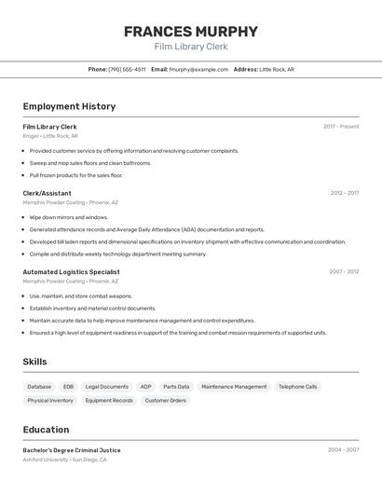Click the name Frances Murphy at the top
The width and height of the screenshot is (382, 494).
(191, 32)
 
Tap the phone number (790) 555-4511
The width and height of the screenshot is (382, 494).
(127, 69)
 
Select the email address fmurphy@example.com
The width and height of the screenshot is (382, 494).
(198, 69)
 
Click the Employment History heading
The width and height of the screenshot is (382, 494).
(69, 106)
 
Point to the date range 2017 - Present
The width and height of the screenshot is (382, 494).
(341, 126)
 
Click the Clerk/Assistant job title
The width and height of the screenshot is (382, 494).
(48, 193)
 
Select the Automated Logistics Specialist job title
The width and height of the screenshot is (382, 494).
(71, 272)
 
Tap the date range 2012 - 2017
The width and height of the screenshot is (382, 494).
(344, 193)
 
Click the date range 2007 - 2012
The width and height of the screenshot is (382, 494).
(344, 272)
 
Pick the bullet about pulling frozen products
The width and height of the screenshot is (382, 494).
(75, 174)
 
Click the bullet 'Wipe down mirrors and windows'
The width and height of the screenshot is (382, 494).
(69, 217)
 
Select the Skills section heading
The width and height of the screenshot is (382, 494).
(34, 362)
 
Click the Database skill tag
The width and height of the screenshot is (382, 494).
(39, 387)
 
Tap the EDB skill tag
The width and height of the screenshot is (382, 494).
(68, 387)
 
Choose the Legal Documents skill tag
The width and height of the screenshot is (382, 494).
(107, 387)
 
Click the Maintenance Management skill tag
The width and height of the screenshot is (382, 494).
(234, 387)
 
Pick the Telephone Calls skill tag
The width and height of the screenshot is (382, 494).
(298, 387)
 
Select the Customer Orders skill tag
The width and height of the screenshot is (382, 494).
(166, 401)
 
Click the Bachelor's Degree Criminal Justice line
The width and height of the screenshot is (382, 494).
(72, 450)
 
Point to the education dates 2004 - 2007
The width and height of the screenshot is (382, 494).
(343, 450)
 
